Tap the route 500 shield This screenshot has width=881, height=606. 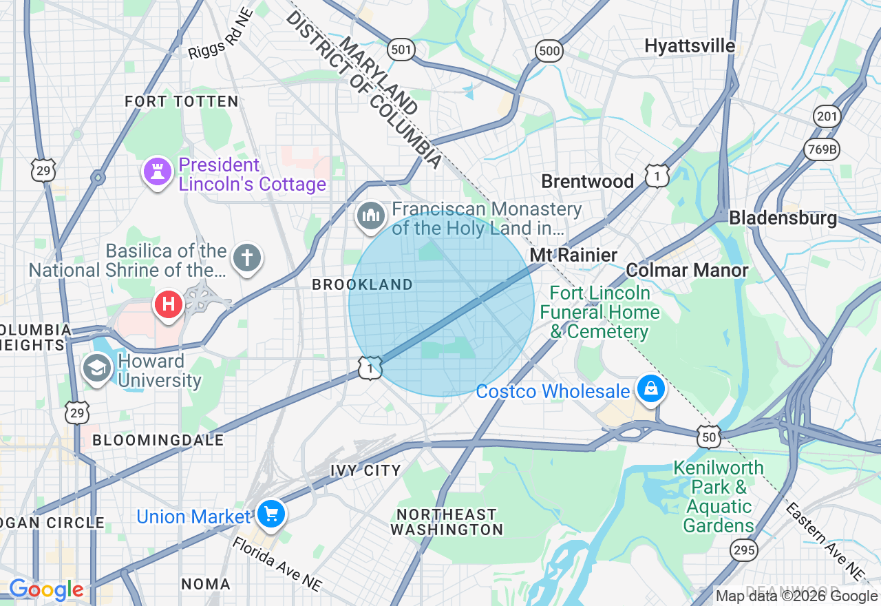(549, 50)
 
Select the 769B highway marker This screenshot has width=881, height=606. (822, 148)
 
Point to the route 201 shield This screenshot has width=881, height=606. (827, 116)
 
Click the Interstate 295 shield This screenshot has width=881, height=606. (744, 550)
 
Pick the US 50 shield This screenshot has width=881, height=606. (708, 435)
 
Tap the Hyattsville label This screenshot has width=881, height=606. (690, 46)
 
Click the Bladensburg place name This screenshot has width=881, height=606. (783, 218)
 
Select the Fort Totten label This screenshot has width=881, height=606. (182, 101)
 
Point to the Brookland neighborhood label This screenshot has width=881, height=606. (362, 284)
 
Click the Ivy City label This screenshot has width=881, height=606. (365, 470)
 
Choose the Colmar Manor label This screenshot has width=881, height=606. (687, 270)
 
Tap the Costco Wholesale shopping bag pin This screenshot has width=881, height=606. (650, 389)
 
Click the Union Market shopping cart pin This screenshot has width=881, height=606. (270, 514)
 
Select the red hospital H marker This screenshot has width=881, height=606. (168, 304)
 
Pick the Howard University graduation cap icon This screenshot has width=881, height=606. (97, 368)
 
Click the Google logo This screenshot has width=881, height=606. (46, 589)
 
